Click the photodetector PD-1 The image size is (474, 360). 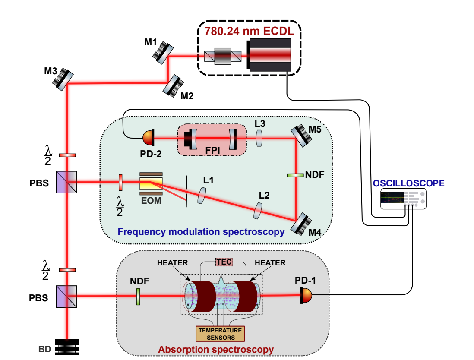306,296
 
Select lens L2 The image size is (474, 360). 258,210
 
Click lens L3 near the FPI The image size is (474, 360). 259,138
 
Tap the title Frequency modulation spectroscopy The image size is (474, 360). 201,232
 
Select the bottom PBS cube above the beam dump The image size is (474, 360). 67,296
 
